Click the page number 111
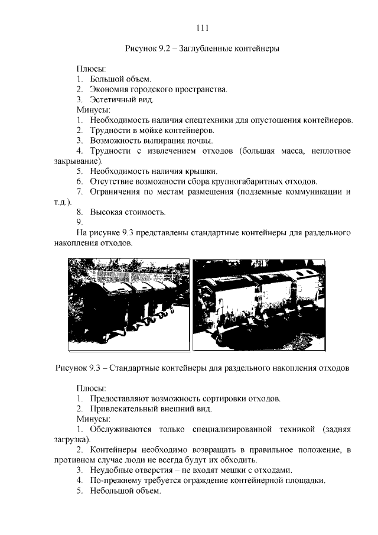click(202, 28)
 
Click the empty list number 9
click(80, 222)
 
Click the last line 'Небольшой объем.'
click(125, 491)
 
